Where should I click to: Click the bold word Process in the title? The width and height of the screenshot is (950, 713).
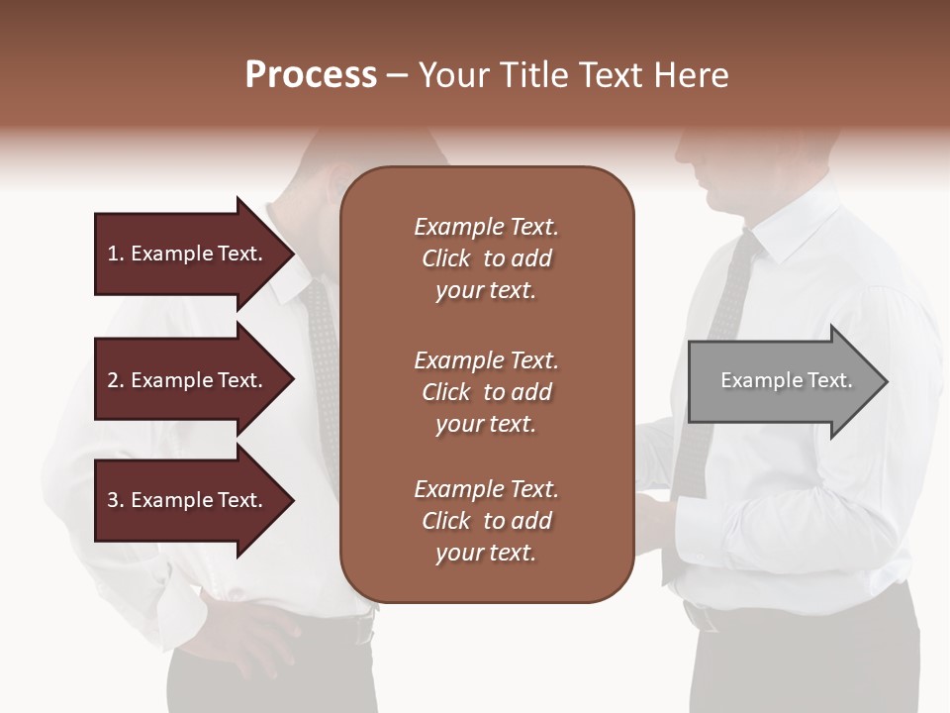tap(311, 75)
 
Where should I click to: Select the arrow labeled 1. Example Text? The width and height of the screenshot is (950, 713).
tap(188, 254)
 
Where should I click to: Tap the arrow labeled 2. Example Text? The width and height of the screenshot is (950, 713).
tap(188, 380)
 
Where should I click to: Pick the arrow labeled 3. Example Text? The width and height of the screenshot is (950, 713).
tap(188, 500)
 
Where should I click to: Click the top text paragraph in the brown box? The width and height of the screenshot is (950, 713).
tap(486, 258)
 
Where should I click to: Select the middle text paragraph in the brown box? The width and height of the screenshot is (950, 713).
tap(486, 392)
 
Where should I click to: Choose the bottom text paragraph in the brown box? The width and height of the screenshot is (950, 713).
tap(486, 521)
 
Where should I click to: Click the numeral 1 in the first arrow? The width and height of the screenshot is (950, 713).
tap(113, 254)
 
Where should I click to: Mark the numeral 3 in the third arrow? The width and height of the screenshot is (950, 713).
tap(113, 500)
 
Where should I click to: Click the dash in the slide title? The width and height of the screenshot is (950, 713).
tap(398, 75)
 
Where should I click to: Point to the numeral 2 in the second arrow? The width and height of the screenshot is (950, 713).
tap(113, 380)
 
